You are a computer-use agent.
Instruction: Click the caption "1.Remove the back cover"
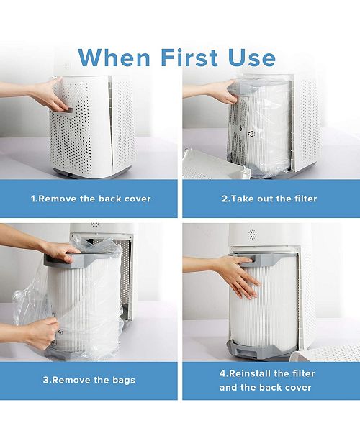91,199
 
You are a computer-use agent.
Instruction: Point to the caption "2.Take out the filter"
269,199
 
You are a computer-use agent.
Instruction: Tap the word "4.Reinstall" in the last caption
249,373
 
